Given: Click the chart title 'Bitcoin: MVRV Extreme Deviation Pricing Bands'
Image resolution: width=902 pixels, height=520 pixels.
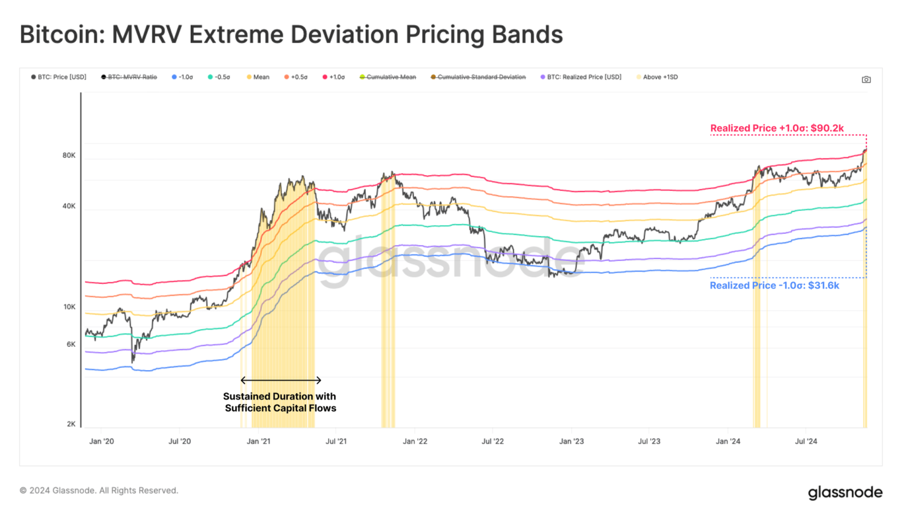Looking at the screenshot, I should [x=291, y=35].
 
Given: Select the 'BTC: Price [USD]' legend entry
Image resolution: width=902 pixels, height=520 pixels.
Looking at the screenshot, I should [x=59, y=77].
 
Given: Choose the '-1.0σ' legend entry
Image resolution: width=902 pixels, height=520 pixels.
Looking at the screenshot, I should [x=183, y=77].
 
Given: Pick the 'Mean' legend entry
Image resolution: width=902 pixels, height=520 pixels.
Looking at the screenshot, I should [x=258, y=77].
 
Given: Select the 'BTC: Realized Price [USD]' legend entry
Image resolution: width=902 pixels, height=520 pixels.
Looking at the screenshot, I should [x=581, y=77].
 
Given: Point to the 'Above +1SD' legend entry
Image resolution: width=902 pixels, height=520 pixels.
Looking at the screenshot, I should [x=657, y=77].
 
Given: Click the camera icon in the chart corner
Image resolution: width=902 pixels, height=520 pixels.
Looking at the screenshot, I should [x=866, y=79].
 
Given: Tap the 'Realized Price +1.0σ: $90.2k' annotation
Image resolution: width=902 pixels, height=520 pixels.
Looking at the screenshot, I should [x=777, y=128].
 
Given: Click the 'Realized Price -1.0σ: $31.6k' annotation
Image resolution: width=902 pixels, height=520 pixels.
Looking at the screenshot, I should [x=774, y=286].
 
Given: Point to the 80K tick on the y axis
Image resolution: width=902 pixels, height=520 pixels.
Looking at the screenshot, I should [x=69, y=156].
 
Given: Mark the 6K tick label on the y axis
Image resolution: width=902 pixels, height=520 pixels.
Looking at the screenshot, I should [x=71, y=344].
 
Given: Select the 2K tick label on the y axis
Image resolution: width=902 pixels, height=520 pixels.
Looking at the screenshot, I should [x=71, y=424].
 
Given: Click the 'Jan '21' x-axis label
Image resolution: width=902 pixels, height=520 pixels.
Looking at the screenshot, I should [x=258, y=441].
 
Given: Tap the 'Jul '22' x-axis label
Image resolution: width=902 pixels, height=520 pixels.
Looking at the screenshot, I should [x=493, y=441].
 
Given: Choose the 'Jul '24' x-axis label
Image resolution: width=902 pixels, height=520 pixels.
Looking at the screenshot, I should [x=806, y=441].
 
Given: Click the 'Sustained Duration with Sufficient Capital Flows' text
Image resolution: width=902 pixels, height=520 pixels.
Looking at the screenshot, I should [x=280, y=402].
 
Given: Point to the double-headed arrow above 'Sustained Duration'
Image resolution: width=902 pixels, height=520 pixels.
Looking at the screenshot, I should [x=281, y=380].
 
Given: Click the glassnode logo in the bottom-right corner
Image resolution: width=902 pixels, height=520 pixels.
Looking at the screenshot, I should [x=844, y=492].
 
